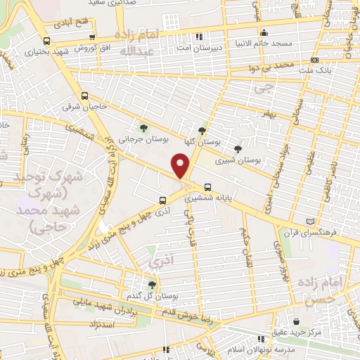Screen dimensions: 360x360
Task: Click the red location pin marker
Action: tap(181, 167)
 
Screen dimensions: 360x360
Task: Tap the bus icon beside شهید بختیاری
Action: tap(46, 41)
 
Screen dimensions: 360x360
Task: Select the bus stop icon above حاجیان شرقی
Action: tap(85, 96)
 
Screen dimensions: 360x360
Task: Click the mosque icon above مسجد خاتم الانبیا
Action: tap(264, 32)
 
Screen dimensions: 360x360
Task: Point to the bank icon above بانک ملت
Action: tap(314, 60)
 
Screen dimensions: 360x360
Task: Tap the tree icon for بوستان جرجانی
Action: tap(143, 128)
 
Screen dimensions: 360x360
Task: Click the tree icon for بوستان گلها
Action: tap(202, 130)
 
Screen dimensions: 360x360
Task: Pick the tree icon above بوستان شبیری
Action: tap(238, 148)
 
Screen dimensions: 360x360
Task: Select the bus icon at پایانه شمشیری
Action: tap(207, 187)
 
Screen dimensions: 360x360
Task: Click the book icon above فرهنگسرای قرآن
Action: tap(304, 220)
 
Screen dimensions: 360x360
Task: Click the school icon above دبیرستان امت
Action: tap(199, 37)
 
